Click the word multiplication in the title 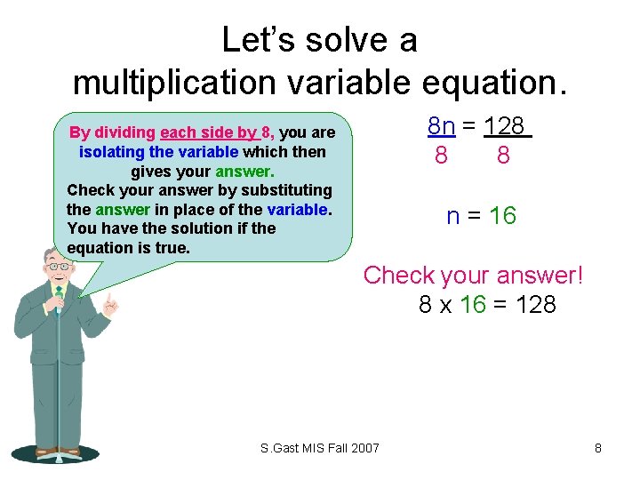172,83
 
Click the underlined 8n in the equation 442,125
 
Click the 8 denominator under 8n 441,156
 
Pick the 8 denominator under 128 503,156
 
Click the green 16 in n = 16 502,216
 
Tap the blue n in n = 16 453,216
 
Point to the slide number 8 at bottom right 598,448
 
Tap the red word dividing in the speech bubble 124,133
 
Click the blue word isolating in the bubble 112,152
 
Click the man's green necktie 58,302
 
